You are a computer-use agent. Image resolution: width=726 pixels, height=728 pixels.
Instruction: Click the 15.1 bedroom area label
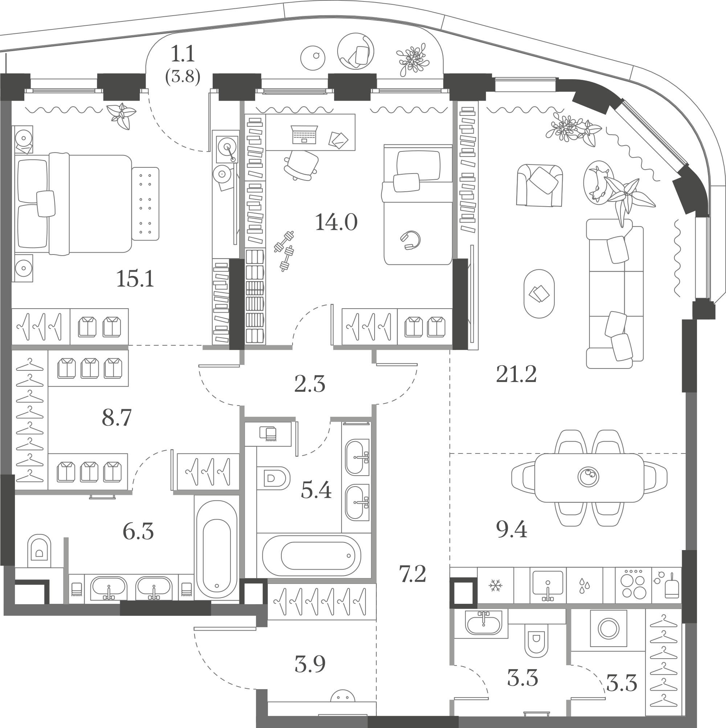click(135, 279)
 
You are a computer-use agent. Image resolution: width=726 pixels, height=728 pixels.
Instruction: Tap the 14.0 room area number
click(336, 222)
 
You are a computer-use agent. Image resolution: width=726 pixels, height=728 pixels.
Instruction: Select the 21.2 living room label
click(516, 374)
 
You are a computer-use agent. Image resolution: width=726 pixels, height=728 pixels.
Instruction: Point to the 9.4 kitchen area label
click(511, 530)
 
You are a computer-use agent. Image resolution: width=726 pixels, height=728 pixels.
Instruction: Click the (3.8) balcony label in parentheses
click(183, 77)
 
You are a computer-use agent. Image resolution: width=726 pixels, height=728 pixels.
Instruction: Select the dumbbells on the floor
click(285, 251)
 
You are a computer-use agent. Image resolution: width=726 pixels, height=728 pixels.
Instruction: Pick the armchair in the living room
click(539, 185)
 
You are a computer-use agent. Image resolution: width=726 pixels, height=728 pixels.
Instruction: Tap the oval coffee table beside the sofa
click(539, 293)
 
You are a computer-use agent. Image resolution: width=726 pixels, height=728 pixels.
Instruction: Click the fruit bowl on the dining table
click(588, 477)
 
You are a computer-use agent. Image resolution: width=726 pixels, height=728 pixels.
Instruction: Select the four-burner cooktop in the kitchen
click(634, 591)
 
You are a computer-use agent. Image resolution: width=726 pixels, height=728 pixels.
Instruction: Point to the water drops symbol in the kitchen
click(584, 586)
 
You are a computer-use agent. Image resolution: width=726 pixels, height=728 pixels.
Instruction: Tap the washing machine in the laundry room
click(608, 629)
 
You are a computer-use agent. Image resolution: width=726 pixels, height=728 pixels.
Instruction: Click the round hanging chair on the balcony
click(356, 51)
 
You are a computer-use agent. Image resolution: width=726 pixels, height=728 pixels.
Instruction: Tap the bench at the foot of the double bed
click(146, 204)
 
